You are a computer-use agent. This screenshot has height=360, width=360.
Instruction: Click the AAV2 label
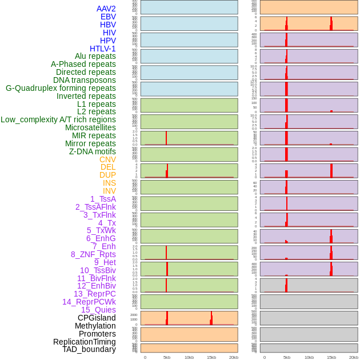click(106, 9)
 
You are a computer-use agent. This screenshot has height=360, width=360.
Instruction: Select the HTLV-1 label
click(102, 49)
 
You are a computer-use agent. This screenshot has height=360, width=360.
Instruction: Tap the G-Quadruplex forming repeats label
click(61, 88)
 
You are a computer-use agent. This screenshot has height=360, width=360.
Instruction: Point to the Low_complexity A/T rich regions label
click(58, 119)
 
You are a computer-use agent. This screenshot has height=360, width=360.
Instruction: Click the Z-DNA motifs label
click(93, 151)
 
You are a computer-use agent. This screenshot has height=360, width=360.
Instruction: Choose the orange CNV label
click(107, 159)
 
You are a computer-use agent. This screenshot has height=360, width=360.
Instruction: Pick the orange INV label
click(109, 191)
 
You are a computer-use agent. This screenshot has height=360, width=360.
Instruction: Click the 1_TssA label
click(103, 199)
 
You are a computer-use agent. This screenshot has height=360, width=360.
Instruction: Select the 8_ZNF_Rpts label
click(93, 254)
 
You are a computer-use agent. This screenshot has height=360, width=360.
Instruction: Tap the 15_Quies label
click(98, 310)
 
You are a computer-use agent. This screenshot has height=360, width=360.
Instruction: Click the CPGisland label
click(97, 318)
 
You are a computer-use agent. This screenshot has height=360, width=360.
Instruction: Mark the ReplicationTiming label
click(85, 342)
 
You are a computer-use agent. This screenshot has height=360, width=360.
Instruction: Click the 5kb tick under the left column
click(167, 357)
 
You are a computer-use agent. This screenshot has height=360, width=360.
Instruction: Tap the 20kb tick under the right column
click(354, 357)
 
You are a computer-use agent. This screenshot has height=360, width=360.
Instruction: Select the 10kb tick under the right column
click(309, 357)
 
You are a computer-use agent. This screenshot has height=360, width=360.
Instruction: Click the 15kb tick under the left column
click(211, 357)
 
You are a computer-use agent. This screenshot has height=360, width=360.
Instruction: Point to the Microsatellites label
click(90, 127)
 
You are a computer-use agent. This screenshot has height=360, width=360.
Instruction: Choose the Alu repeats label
click(95, 56)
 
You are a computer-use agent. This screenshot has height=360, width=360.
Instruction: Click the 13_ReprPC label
click(94, 294)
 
